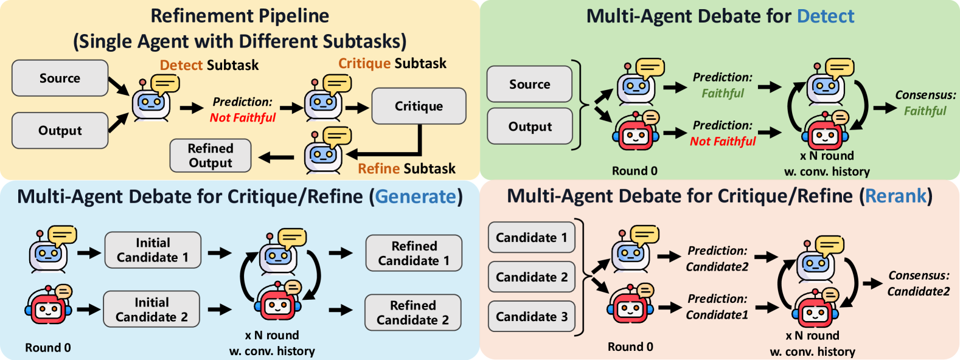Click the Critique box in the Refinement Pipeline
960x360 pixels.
(419, 106)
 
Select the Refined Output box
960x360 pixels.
(210, 156)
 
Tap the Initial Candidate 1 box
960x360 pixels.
(153, 250)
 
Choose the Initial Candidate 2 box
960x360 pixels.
(151, 310)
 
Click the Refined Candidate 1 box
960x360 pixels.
(414, 253)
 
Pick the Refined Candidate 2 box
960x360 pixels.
(412, 313)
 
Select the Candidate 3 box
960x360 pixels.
(532, 316)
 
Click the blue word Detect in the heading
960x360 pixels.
(826, 16)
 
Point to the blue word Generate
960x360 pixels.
(416, 196)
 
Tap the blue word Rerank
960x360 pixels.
(896, 196)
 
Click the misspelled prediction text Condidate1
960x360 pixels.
(717, 315)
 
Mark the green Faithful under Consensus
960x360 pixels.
(925, 111)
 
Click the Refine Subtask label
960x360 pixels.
(407, 168)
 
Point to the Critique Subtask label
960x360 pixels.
(392, 63)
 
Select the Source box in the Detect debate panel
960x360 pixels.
(529, 84)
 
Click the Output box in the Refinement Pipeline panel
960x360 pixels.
(60, 130)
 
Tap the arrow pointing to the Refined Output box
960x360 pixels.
(276, 157)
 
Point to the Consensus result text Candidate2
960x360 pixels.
(919, 292)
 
